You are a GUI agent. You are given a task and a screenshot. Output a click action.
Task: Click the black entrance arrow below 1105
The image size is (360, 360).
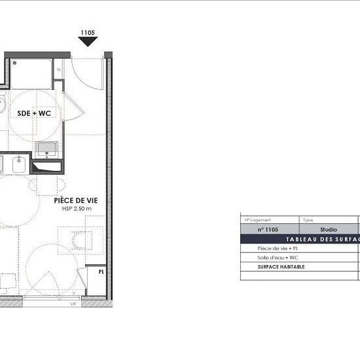(x=88, y=42)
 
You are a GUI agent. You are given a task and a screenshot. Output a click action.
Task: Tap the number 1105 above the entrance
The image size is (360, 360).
(x=88, y=31)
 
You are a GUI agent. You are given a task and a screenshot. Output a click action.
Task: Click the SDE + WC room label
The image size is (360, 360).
(x=34, y=113)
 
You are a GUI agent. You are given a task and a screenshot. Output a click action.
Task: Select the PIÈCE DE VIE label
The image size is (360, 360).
(x=73, y=200)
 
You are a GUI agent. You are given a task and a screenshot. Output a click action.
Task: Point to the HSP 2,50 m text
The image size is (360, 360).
(x=73, y=209)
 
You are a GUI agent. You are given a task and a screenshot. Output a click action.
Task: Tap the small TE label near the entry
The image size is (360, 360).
(x=58, y=70)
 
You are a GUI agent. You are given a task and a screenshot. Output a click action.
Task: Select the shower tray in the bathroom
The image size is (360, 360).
(x=31, y=73)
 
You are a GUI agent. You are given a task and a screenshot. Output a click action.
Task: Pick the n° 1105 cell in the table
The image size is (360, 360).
(x=268, y=230)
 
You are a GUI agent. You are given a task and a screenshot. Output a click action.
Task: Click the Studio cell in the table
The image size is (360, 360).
(x=328, y=230)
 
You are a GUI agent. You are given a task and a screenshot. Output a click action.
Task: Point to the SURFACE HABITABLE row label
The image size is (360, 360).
(x=281, y=267)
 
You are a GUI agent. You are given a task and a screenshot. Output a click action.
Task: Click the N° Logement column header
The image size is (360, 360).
(x=257, y=221)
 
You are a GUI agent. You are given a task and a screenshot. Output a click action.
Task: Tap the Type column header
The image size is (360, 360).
(x=308, y=221)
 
